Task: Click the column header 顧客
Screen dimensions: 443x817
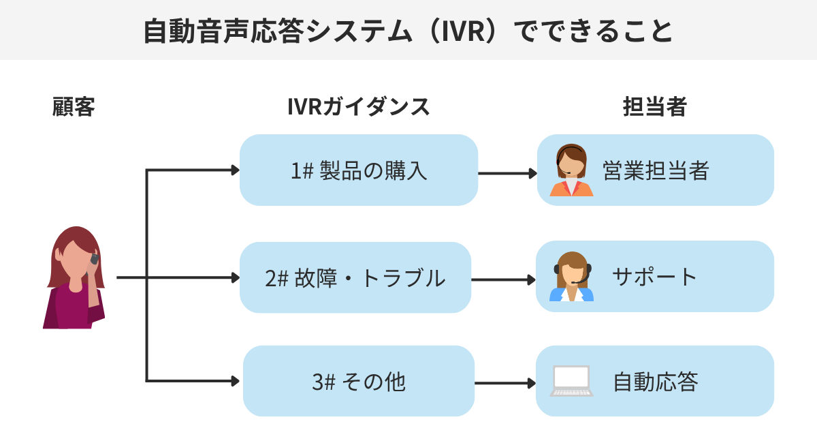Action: click(73, 106)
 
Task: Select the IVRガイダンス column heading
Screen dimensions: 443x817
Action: click(358, 106)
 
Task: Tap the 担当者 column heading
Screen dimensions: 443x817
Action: click(654, 106)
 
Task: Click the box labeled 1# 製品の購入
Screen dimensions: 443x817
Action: click(359, 170)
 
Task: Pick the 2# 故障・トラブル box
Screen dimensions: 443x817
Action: click(355, 277)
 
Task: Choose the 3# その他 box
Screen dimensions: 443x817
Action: click(358, 381)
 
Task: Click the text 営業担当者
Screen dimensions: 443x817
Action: click(656, 170)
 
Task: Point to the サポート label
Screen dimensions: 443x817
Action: click(654, 277)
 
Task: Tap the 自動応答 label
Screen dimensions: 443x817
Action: click(655, 381)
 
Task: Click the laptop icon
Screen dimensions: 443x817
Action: click(571, 381)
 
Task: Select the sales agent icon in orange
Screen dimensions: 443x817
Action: click(571, 171)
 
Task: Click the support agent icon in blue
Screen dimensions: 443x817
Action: click(571, 277)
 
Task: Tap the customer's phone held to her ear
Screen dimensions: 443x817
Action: click(94, 260)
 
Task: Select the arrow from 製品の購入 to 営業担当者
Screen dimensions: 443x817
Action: click(507, 173)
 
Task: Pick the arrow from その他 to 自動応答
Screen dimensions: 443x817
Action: click(504, 383)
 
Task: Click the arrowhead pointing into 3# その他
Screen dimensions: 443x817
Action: click(236, 380)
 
